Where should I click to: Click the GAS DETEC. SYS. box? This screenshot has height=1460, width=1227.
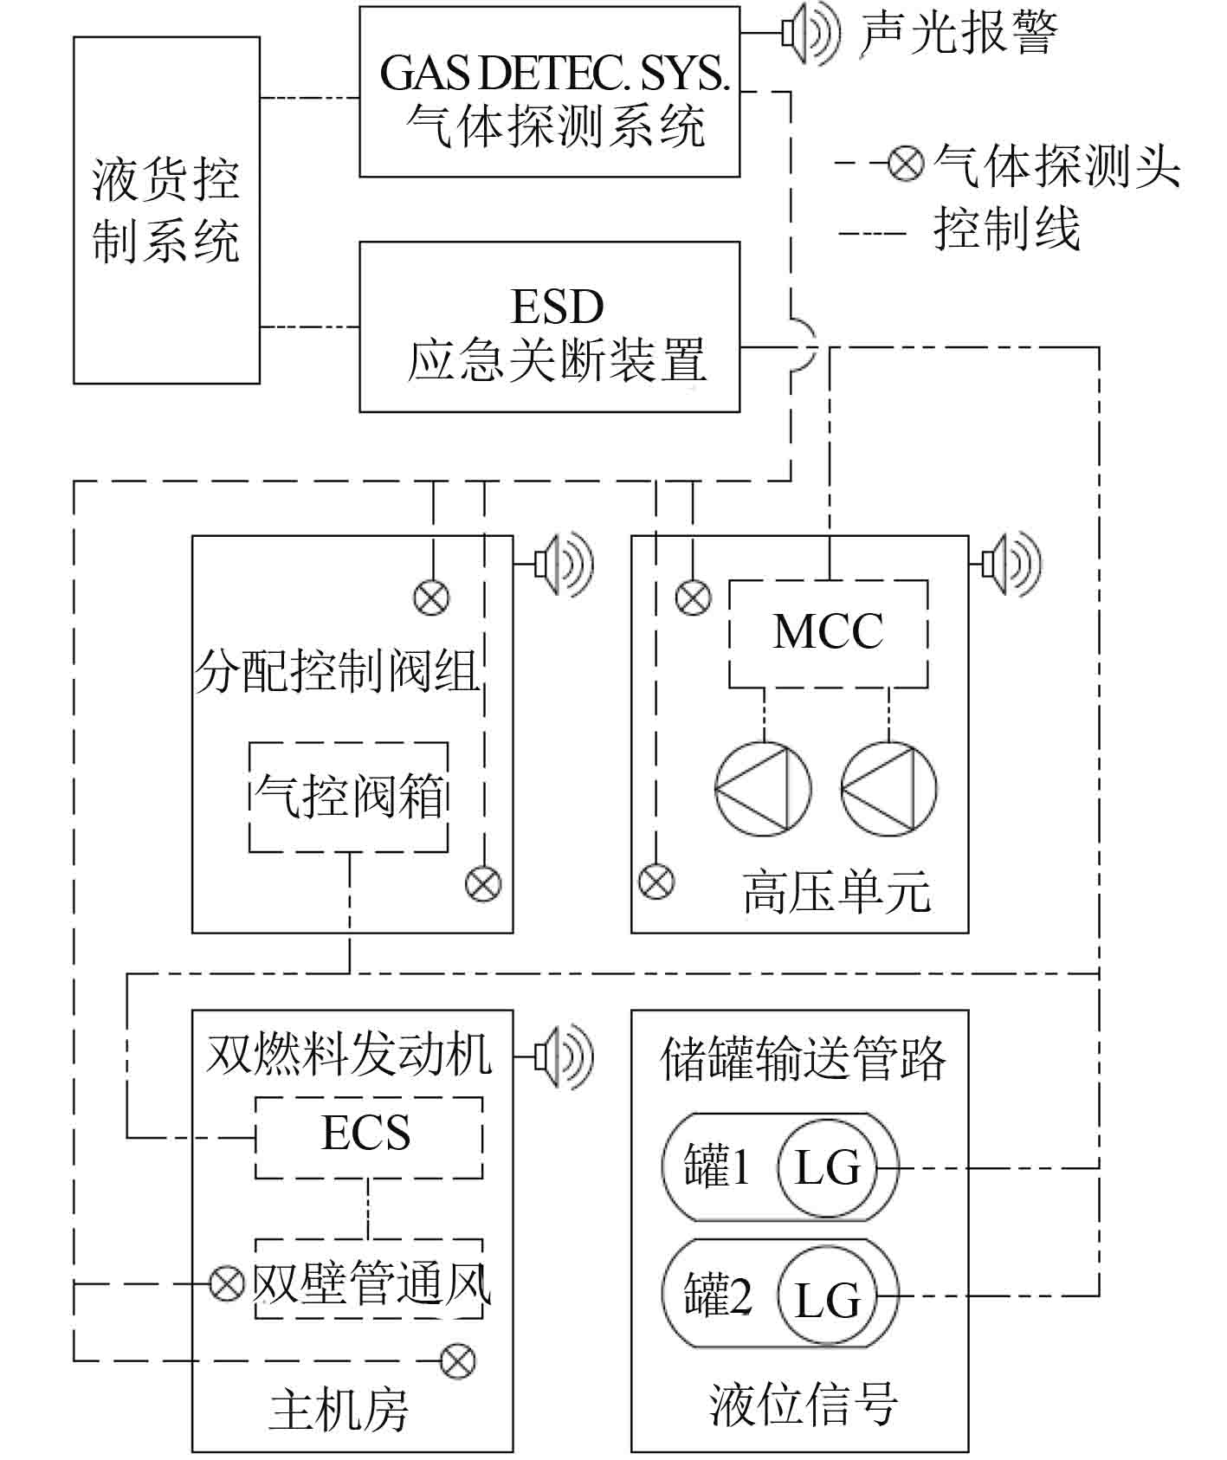click(x=549, y=92)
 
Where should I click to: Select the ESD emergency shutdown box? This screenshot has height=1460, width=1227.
click(x=549, y=326)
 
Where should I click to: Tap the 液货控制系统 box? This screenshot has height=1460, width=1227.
click(x=166, y=210)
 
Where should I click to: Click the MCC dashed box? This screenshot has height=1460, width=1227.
click(x=828, y=634)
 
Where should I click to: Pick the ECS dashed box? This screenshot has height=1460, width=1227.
click(x=368, y=1137)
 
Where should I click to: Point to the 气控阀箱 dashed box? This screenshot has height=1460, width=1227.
click(x=348, y=797)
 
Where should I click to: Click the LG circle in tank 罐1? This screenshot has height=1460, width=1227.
click(x=827, y=1167)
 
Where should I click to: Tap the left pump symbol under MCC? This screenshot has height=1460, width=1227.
click(x=763, y=789)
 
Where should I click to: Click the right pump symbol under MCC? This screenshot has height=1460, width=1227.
click(x=888, y=789)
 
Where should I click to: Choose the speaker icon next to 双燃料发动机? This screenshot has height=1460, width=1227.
click(x=564, y=1056)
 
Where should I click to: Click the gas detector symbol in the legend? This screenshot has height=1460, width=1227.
click(x=906, y=163)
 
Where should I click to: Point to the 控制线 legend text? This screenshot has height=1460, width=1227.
click(x=1006, y=230)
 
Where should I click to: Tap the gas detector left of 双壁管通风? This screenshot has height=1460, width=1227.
click(x=228, y=1282)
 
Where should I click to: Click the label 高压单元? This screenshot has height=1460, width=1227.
click(x=836, y=893)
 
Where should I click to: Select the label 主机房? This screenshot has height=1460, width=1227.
click(x=339, y=1411)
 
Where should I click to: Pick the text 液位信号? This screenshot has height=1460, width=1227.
click(x=803, y=1405)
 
